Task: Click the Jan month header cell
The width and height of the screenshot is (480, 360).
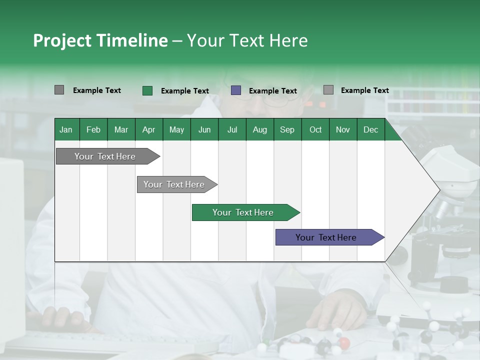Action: click(x=66, y=129)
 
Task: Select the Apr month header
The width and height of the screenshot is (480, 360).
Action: click(x=148, y=129)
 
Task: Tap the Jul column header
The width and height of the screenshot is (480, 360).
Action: click(x=232, y=129)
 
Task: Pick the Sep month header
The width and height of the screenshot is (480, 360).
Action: click(x=287, y=129)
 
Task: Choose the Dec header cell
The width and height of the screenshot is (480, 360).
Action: click(x=370, y=129)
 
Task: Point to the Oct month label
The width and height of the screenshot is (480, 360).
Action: click(x=315, y=129)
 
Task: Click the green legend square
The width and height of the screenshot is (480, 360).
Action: click(x=147, y=90)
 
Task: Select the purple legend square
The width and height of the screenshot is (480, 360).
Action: click(x=236, y=90)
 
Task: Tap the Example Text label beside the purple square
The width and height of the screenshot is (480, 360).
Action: click(x=273, y=91)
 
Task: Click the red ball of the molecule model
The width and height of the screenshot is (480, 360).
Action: click(x=344, y=343)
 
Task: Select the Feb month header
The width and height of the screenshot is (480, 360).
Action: click(x=93, y=129)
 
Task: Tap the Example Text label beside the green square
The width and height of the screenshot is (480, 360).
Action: click(x=185, y=91)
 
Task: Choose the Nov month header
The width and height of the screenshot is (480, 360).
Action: click(x=343, y=129)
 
